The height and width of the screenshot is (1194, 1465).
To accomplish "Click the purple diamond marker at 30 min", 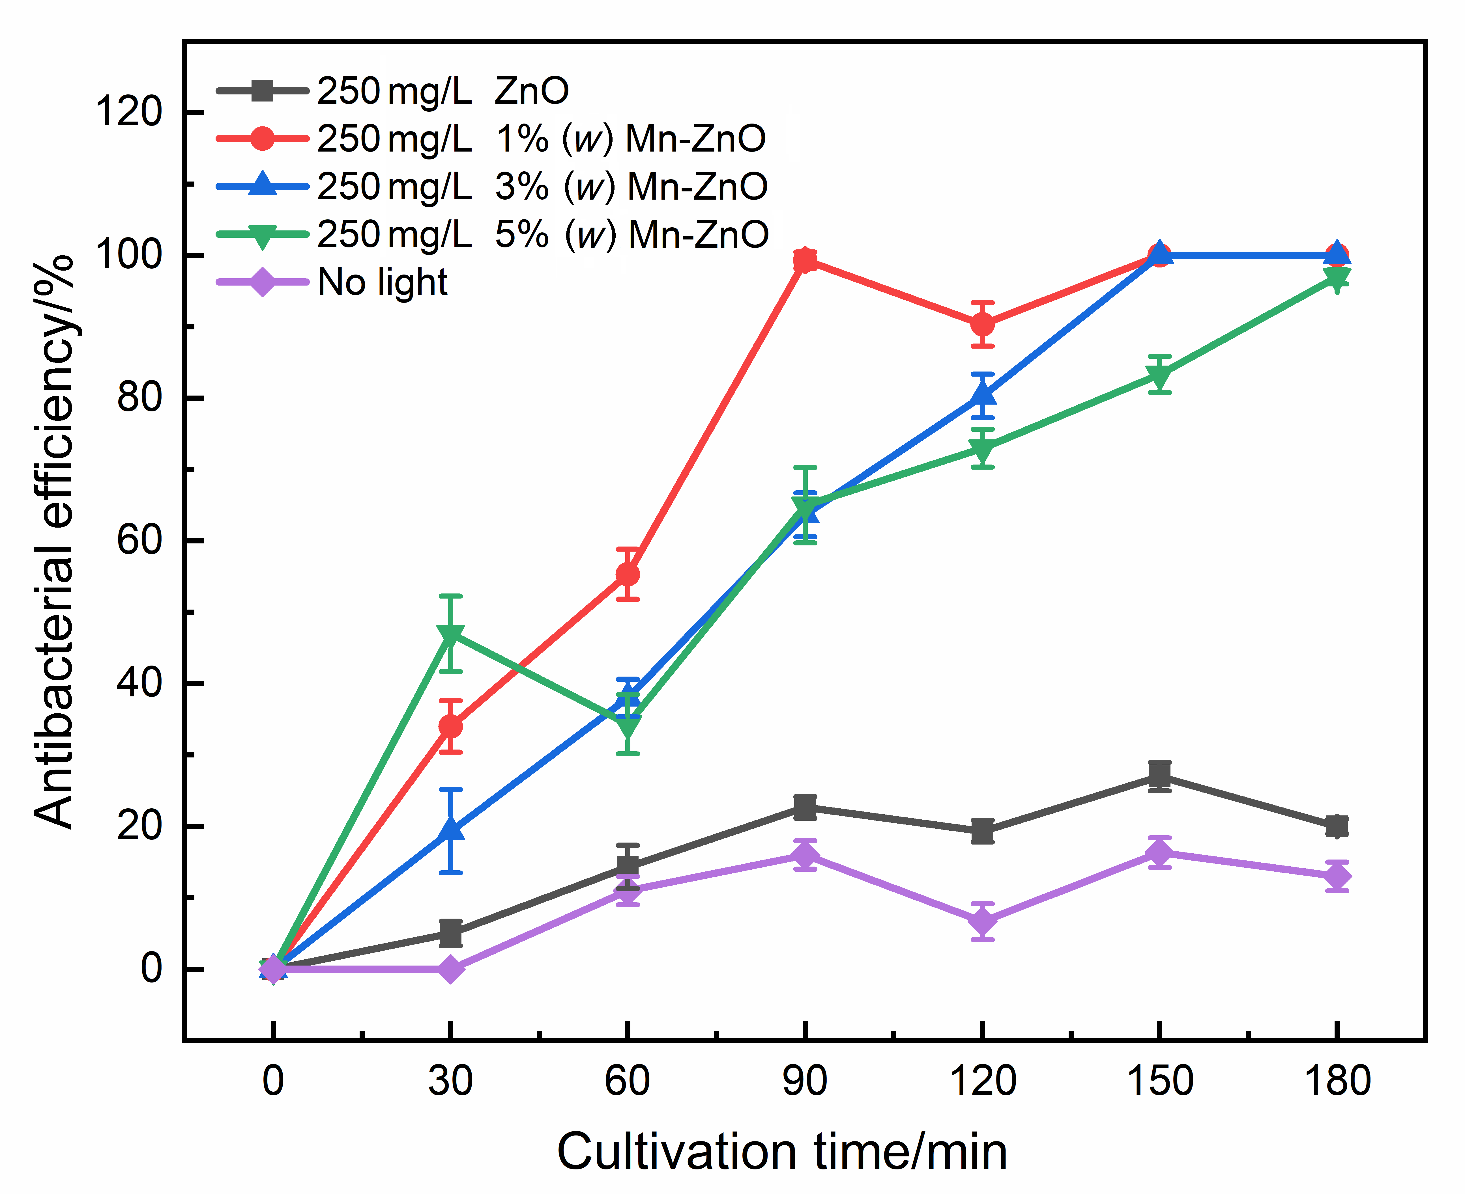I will click(450, 969).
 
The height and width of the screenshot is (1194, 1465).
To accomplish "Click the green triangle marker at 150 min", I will click(1159, 375).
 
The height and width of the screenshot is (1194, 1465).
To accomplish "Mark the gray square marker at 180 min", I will click(1336, 826).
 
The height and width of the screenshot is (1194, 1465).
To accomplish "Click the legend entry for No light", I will click(382, 282).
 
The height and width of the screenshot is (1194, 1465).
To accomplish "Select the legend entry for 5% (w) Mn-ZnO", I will click(542, 235).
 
